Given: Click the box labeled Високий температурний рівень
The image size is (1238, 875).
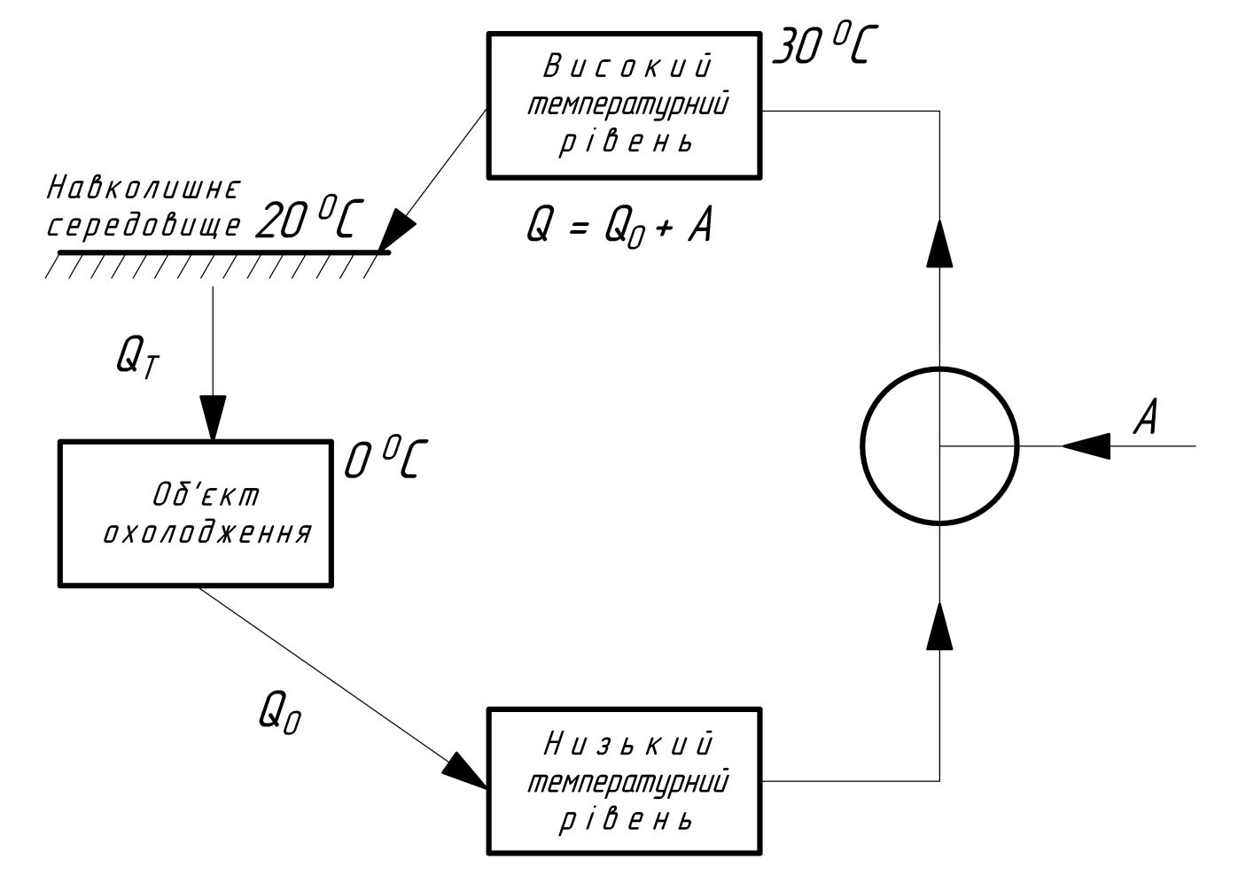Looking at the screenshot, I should [x=624, y=105].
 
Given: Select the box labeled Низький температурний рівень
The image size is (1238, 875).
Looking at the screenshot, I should [x=624, y=781].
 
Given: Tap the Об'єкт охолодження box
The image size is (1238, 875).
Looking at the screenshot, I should [x=195, y=513].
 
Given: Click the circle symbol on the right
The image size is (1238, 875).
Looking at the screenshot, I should [x=939, y=445].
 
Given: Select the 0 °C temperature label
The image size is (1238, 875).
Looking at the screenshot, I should [x=384, y=461].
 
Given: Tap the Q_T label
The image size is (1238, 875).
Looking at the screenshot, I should [x=138, y=358].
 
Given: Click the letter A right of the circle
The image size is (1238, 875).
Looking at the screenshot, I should [x=1147, y=417].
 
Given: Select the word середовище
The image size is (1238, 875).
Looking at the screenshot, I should [x=143, y=226].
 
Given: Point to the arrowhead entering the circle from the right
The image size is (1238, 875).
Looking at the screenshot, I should [x=1086, y=445].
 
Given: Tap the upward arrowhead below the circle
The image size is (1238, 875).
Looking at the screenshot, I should [x=939, y=627].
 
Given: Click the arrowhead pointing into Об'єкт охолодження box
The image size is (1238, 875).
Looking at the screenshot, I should [x=213, y=416].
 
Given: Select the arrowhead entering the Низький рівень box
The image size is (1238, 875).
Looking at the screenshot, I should [x=466, y=769].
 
